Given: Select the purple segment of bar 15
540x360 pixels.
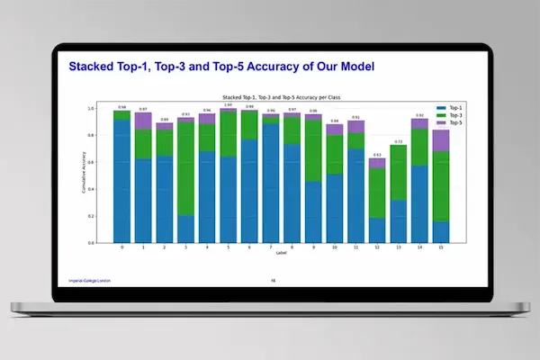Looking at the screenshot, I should [x=441, y=140].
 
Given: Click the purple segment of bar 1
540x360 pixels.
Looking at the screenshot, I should [x=142, y=121].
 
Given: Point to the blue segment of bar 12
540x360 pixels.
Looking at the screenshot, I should [x=377, y=230].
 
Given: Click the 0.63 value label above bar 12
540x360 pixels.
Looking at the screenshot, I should [x=377, y=155].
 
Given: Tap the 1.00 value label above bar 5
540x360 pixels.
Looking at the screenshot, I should [x=229, y=104].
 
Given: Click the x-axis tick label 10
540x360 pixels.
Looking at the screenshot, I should [x=334, y=248].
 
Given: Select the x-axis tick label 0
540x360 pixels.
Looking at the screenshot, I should [x=121, y=248].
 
